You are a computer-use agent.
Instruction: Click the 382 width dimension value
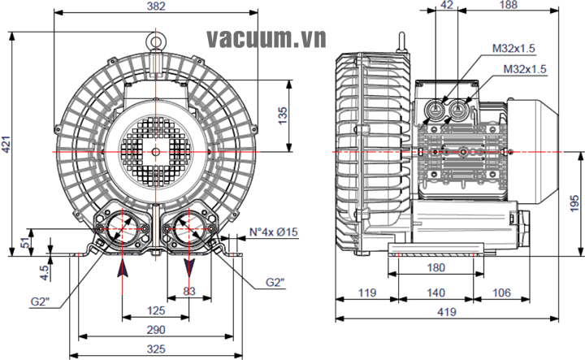click(x=156, y=7)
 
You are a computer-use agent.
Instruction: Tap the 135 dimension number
click(x=284, y=116)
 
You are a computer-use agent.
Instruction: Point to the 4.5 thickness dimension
click(x=45, y=272)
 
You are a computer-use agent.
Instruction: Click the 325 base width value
click(x=156, y=349)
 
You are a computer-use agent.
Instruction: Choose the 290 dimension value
click(x=156, y=330)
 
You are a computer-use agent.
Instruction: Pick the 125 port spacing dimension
click(x=156, y=310)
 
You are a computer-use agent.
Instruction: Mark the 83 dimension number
click(x=189, y=291)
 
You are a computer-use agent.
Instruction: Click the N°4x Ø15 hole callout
click(x=274, y=232)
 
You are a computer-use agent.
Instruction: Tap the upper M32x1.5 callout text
click(x=513, y=48)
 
